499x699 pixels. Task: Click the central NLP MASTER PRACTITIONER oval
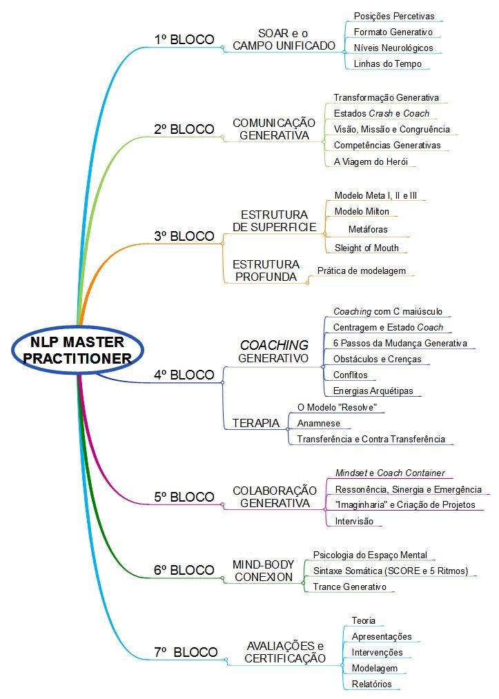(x=77, y=350)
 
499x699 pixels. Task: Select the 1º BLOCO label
(x=184, y=39)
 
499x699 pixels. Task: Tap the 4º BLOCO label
(x=184, y=375)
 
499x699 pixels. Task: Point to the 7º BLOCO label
(x=186, y=651)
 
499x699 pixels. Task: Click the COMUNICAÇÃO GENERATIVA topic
(x=274, y=129)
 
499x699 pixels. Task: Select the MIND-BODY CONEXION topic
(x=264, y=570)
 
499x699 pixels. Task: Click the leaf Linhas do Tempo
(x=387, y=64)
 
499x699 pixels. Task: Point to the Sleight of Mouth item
(x=366, y=248)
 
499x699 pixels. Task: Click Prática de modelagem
(x=361, y=270)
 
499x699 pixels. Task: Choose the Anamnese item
(x=318, y=423)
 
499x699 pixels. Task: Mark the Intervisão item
(x=353, y=521)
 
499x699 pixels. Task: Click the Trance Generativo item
(x=349, y=587)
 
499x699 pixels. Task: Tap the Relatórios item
(x=371, y=684)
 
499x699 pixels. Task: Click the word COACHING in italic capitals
(x=273, y=344)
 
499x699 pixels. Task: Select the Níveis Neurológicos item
(x=393, y=48)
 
